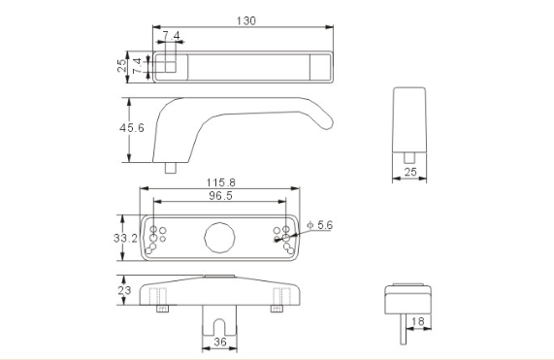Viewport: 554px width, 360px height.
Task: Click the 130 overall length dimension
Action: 245,20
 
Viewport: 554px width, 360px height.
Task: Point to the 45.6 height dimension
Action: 131,127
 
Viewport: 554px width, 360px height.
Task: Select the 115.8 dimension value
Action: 221,182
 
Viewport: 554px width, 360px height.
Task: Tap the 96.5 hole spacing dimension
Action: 220,195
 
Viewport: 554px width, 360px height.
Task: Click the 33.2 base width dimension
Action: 125,238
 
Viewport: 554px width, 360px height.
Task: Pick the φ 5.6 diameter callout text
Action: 320,225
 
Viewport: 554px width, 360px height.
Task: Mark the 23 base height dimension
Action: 124,290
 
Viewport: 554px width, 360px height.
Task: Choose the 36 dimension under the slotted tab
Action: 220,342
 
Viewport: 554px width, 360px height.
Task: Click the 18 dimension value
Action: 418,321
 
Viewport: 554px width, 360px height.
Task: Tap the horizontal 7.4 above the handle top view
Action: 172,35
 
